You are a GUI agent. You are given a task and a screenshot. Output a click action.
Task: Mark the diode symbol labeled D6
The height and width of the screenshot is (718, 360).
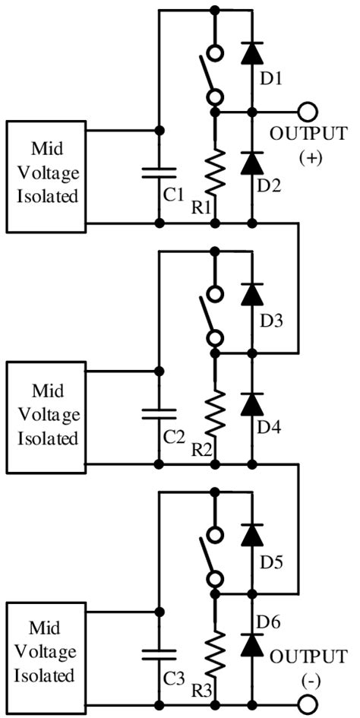click(252, 645)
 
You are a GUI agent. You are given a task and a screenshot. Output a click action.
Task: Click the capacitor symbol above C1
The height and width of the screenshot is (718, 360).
click(159, 172)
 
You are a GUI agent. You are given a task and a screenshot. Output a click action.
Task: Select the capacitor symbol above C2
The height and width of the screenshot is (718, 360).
click(159, 413)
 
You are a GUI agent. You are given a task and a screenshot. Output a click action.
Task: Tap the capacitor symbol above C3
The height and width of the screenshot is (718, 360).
click(159, 654)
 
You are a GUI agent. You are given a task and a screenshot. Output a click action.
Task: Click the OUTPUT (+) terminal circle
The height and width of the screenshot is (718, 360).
click(308, 112)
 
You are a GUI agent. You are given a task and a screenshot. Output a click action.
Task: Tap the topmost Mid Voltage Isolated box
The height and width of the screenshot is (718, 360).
click(44, 176)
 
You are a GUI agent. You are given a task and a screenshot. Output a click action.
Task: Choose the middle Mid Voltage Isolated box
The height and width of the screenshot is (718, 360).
click(44, 416)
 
